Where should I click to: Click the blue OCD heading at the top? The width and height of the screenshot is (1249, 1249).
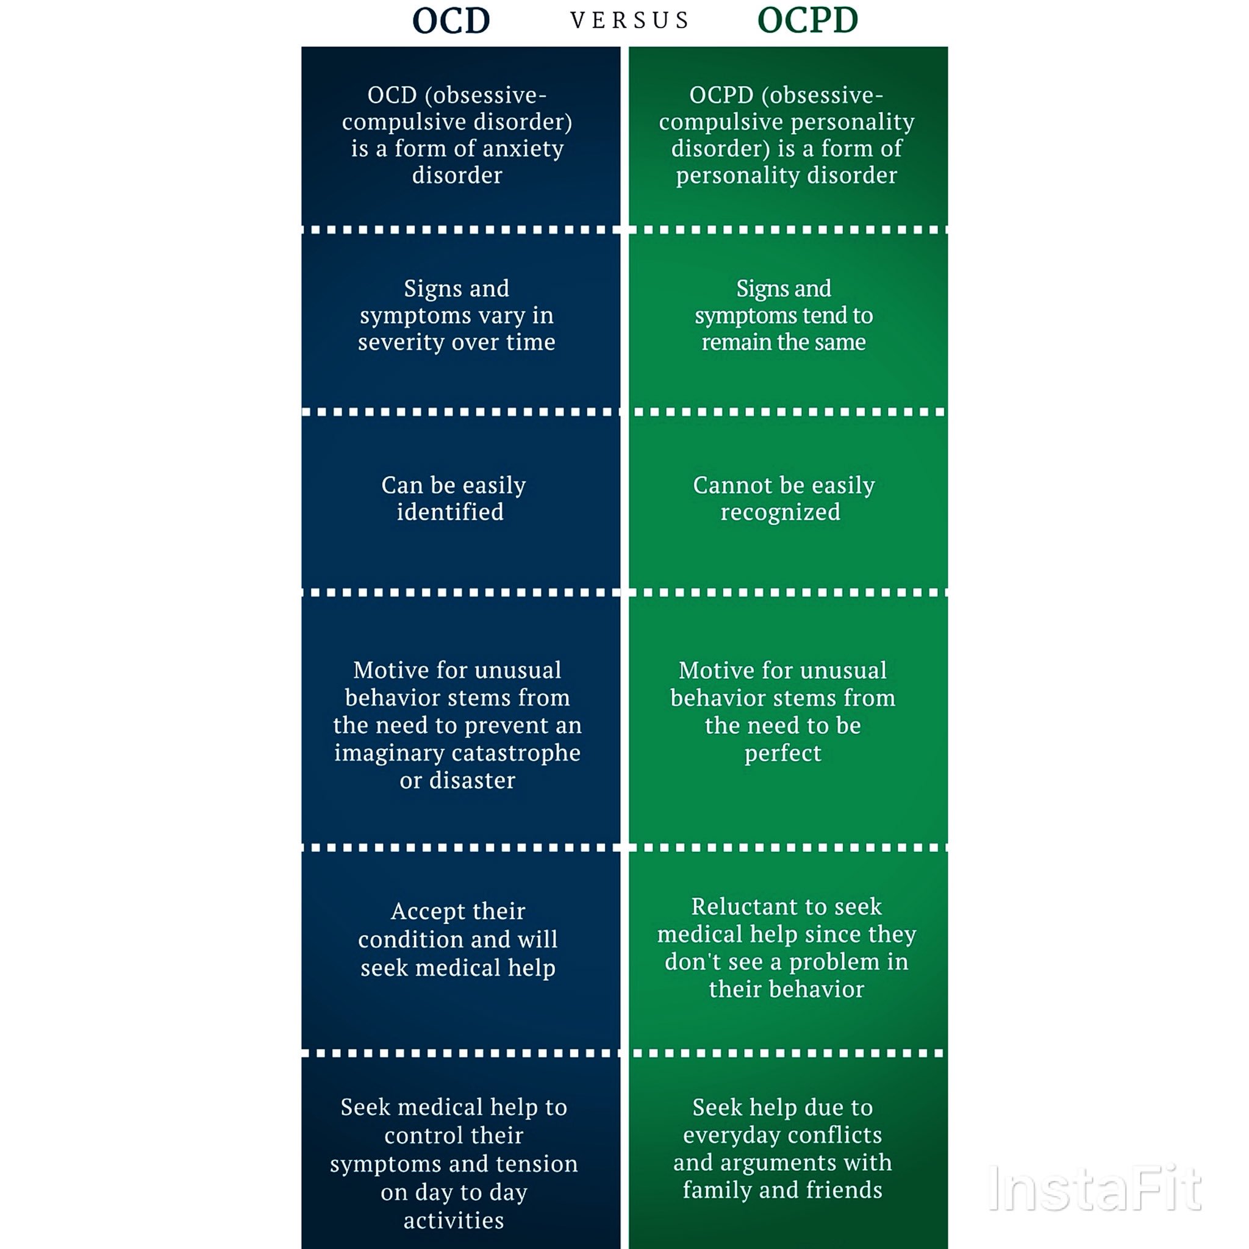[451, 21]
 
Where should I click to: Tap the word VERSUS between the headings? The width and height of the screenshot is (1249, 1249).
[629, 21]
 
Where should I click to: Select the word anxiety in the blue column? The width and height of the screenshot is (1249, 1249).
[523, 149]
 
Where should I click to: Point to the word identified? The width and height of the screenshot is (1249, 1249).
[450, 512]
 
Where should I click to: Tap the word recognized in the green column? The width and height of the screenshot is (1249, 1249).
[780, 512]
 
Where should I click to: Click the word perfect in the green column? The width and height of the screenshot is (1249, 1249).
[782, 753]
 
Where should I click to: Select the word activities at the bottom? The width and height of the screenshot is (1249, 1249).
[454, 1220]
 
